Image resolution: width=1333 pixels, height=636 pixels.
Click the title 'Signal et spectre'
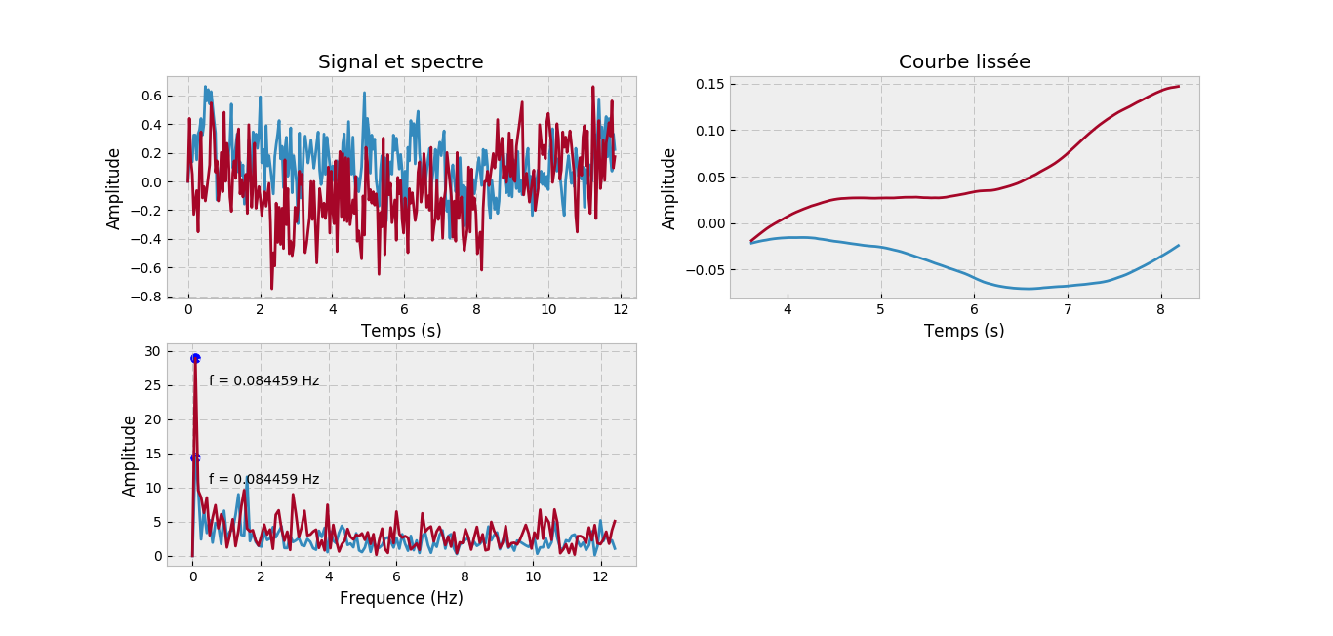pyautogui.click(x=400, y=62)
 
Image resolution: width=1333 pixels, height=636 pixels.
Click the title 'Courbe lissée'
pyautogui.click(x=964, y=62)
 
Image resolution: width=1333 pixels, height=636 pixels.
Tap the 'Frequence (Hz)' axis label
pyautogui.click(x=401, y=598)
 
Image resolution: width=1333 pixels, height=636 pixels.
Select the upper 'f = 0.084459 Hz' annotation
pyautogui.click(x=263, y=381)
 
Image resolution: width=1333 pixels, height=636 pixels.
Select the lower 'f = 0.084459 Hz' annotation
pyautogui.click(x=263, y=480)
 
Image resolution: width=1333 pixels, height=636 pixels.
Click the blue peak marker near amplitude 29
pyautogui.click(x=195, y=358)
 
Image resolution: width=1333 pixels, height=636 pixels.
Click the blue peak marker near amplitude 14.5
pyautogui.click(x=195, y=457)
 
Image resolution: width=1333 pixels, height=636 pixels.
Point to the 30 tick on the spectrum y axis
pyautogui.click(x=151, y=351)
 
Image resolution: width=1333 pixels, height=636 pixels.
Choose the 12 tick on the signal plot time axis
pyautogui.click(x=620, y=309)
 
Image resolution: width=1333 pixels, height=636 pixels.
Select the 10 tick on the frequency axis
pyautogui.click(x=533, y=576)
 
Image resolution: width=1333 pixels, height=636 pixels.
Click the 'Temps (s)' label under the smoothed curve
pyautogui.click(x=964, y=331)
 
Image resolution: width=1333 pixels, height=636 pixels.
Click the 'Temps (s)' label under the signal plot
pyautogui.click(x=401, y=331)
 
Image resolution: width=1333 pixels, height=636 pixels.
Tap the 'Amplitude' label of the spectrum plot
pyautogui.click(x=130, y=456)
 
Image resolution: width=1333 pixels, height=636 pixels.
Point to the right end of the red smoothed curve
pyautogui.click(x=1179, y=86)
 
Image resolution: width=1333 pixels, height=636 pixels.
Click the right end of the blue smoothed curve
pyautogui.click(x=1179, y=245)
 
